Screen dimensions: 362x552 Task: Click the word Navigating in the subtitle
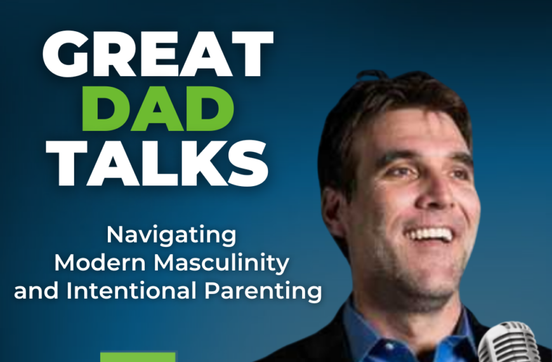tap(171, 236)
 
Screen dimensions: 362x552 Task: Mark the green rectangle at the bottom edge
tap(138, 357)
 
